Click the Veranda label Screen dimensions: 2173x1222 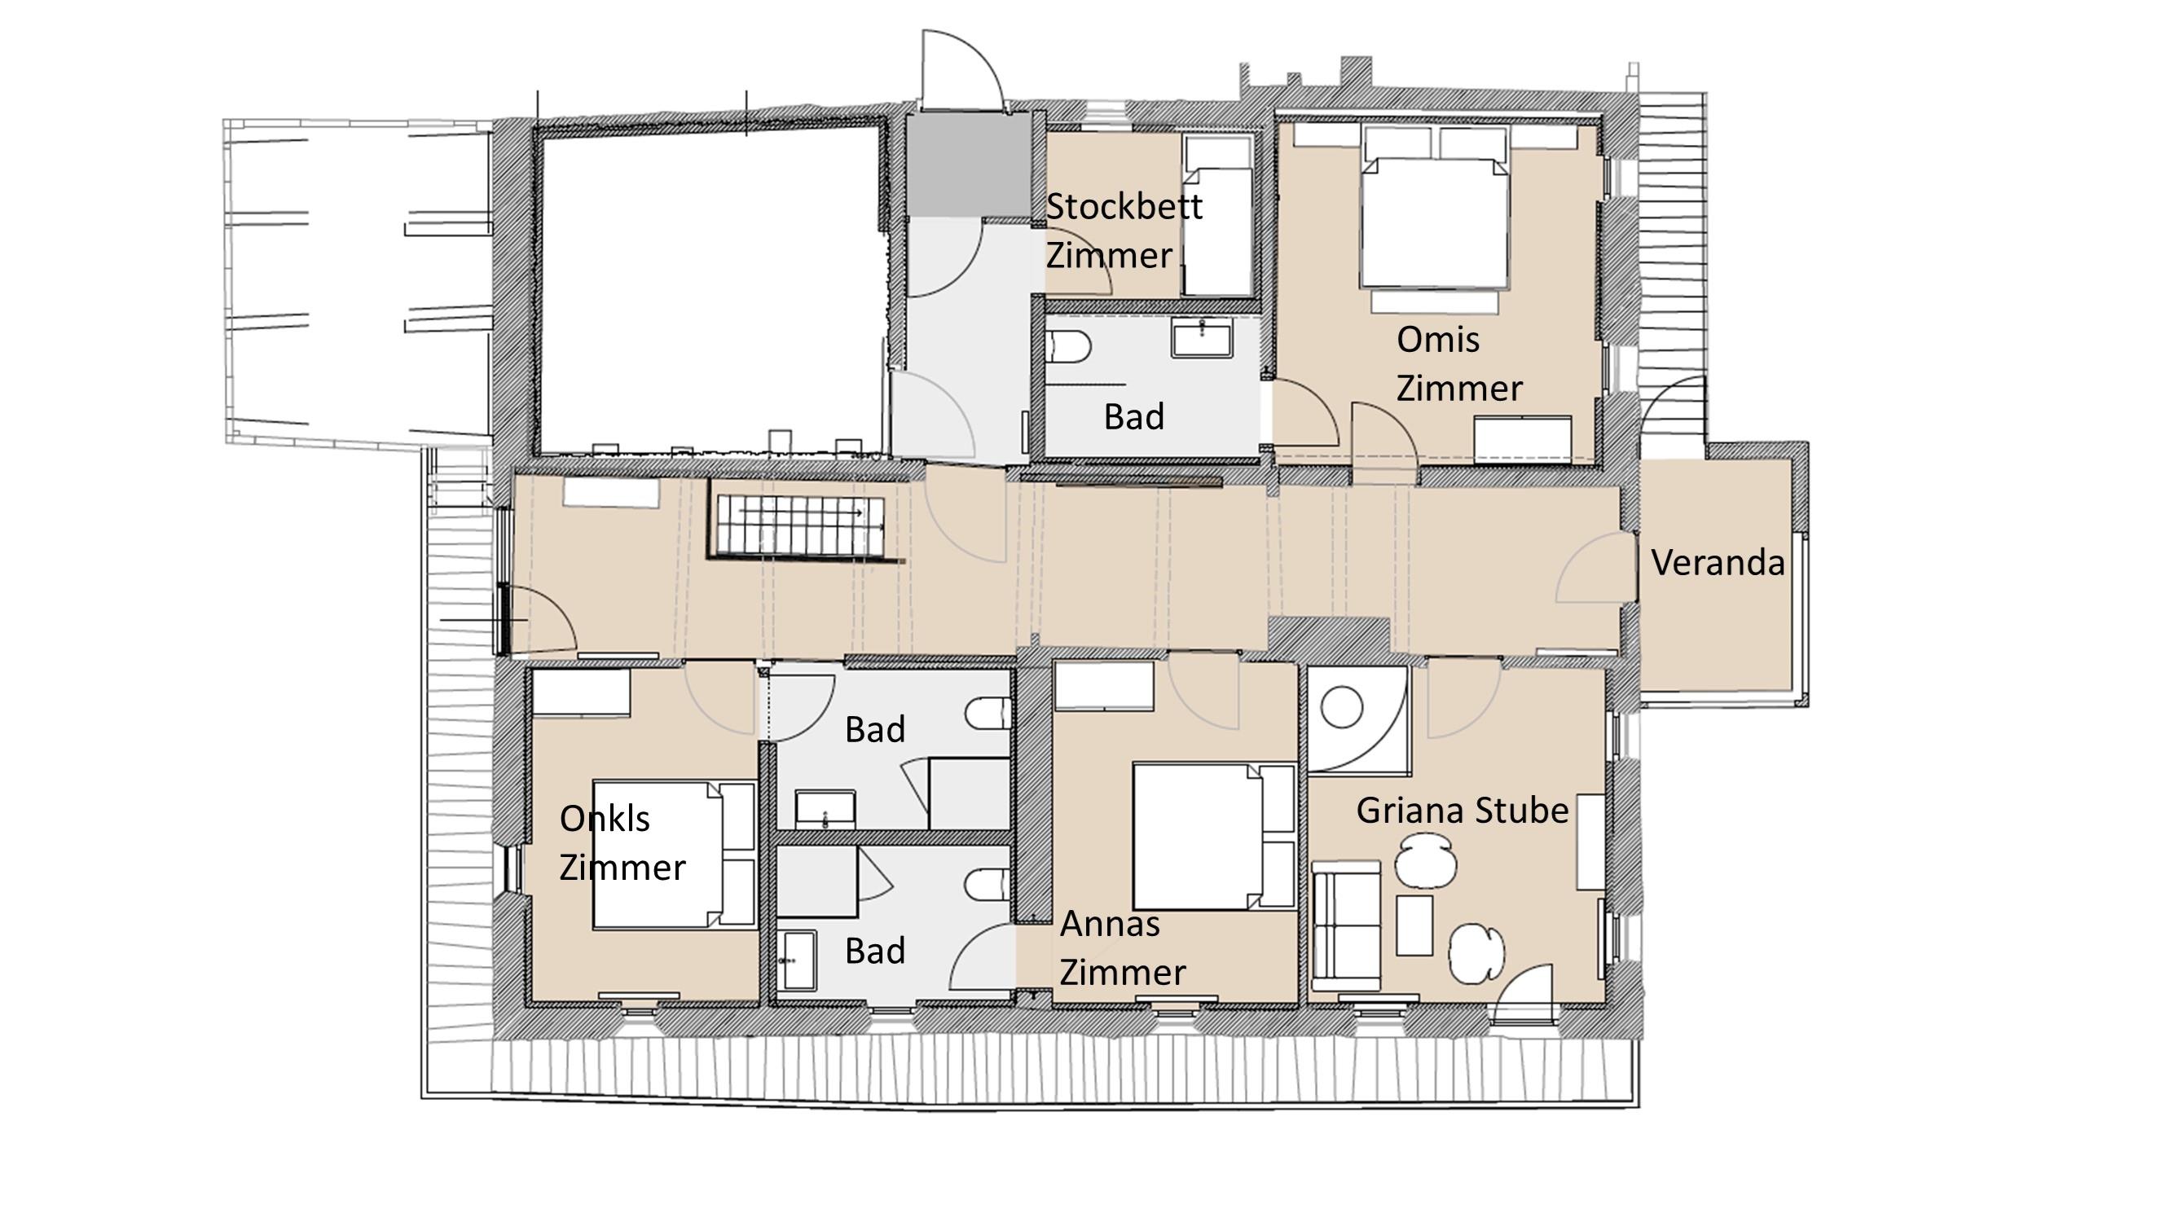click(1718, 562)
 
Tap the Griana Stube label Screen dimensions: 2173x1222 click(1462, 811)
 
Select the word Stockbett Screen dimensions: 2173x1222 click(1124, 207)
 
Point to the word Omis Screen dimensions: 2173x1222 click(1437, 340)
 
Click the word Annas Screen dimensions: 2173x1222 click(1109, 925)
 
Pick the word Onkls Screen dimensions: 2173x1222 click(604, 818)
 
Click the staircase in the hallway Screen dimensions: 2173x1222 click(801, 525)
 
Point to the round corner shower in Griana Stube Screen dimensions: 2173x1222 click(1357, 720)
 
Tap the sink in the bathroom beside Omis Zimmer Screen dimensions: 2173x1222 click(1201, 337)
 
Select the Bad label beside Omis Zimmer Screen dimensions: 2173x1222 click(1133, 416)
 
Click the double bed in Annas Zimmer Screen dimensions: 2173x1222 click(1213, 836)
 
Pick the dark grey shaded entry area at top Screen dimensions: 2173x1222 click(970, 164)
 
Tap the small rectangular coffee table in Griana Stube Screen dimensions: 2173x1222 click(1414, 925)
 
